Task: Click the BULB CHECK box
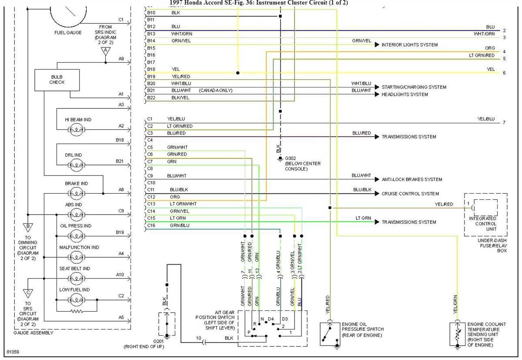[x=57, y=80]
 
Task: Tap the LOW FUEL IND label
[x=74, y=289]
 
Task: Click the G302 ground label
[x=290, y=158]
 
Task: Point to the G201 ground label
[x=159, y=341]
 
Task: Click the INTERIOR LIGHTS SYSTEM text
[x=409, y=45]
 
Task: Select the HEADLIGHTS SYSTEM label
[x=405, y=94]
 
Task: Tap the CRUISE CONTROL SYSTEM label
[x=410, y=194]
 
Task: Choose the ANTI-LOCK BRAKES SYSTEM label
[x=412, y=179]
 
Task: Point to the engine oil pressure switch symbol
[x=330, y=334]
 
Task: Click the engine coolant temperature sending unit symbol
[x=457, y=334]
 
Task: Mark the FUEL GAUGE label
[x=68, y=33]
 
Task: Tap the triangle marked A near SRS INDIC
[x=105, y=51]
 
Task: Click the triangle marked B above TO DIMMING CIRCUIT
[x=27, y=227]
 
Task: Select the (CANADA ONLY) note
[x=216, y=91]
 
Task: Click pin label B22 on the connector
[x=151, y=98]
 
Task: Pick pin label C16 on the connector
[x=151, y=225]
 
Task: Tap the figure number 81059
[x=13, y=352]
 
